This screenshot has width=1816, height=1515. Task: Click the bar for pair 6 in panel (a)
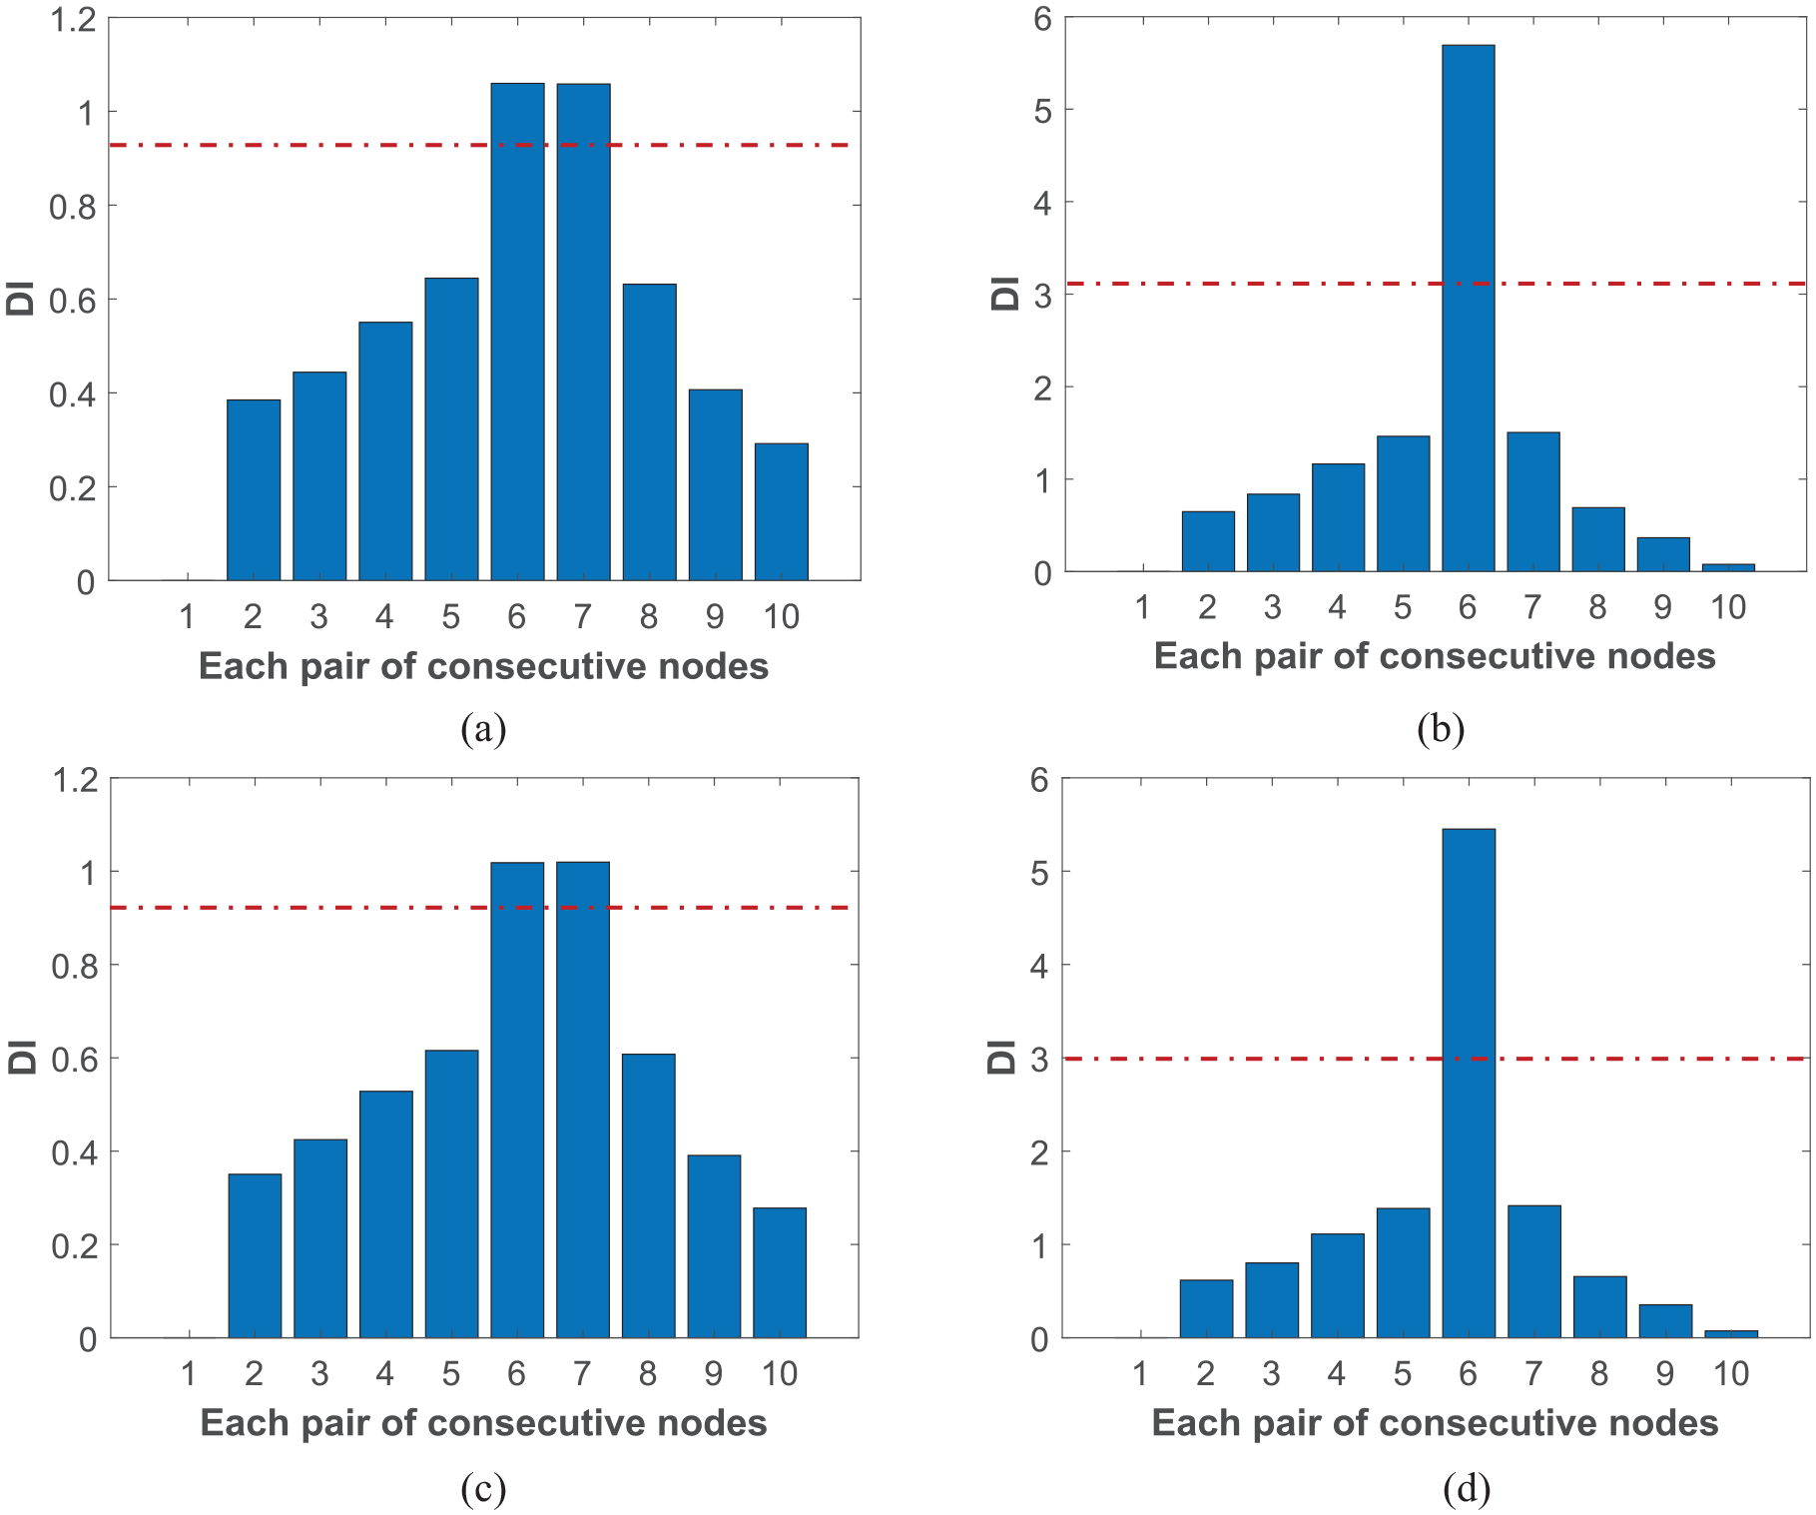[x=517, y=332]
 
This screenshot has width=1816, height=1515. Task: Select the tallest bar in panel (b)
[x=1468, y=309]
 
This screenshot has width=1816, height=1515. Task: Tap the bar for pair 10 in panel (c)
[x=780, y=1272]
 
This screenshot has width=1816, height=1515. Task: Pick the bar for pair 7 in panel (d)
[x=1533, y=1271]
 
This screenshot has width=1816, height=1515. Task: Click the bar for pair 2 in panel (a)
[x=254, y=490]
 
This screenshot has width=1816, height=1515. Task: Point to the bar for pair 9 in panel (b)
[x=1663, y=554]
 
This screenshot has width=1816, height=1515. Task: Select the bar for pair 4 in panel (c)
[x=385, y=1214]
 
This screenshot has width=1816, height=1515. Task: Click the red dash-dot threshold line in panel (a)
[x=479, y=145]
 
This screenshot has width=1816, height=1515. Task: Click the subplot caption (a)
[x=483, y=729]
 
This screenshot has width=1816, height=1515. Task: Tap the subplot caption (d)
[x=1467, y=1489]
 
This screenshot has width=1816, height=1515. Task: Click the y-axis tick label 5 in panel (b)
[x=1043, y=111]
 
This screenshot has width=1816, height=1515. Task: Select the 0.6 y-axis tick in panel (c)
[x=75, y=1059]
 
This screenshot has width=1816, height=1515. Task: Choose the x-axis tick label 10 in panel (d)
[x=1731, y=1374]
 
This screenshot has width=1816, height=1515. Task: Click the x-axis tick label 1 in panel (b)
[x=1142, y=607]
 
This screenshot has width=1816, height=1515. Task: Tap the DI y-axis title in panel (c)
[x=22, y=1058]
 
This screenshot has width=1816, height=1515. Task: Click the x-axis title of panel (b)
[x=1435, y=656]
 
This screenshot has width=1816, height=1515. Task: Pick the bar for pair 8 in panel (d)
[x=1599, y=1307]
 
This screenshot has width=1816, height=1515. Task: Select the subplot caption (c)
[x=483, y=1489]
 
